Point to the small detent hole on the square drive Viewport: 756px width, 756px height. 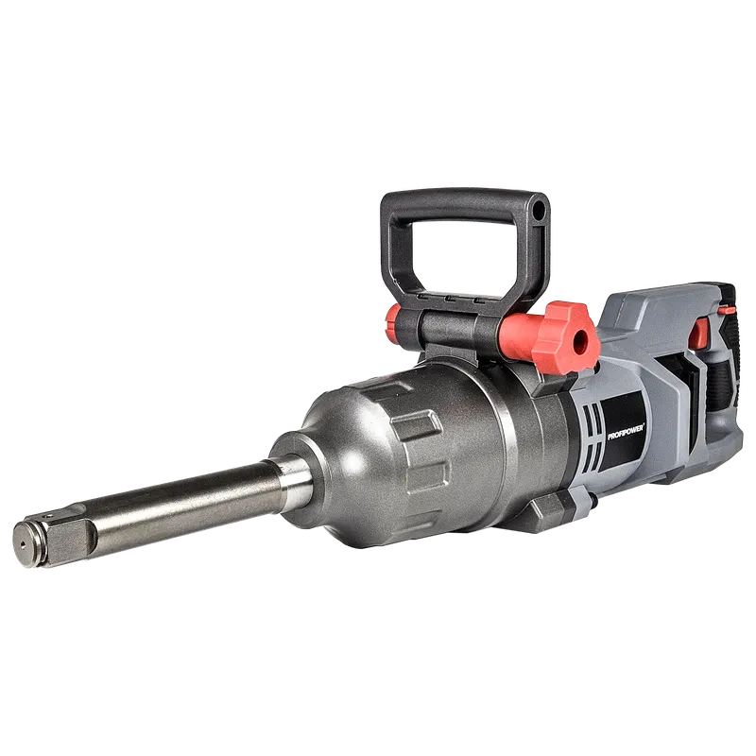[46, 517]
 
